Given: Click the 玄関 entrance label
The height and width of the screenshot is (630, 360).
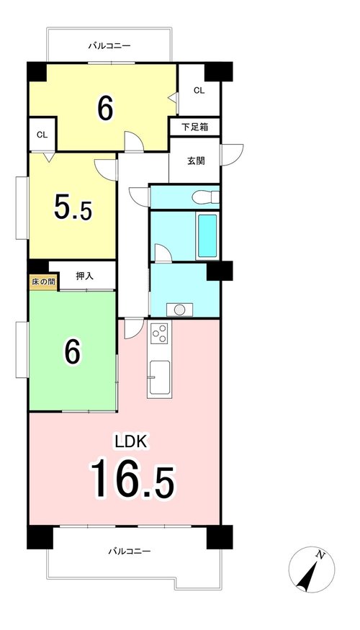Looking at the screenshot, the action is [196, 161].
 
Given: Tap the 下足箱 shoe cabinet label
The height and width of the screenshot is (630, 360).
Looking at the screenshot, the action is [195, 127].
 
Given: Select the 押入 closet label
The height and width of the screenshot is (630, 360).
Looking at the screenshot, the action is [85, 276].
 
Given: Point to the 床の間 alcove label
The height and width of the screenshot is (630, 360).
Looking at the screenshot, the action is [43, 282].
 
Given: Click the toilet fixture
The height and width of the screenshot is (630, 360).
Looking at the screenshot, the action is [205, 197].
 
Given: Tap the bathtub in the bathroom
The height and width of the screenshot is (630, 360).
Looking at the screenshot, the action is [208, 236].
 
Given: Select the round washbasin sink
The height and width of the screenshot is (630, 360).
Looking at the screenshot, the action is [179, 310].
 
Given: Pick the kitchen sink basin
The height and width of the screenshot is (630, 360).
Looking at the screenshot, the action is [160, 377].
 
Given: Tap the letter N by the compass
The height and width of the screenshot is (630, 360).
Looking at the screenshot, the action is [320, 555].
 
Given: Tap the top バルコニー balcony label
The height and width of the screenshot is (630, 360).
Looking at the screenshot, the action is [109, 46].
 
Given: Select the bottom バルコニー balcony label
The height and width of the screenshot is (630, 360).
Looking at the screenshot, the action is [130, 551].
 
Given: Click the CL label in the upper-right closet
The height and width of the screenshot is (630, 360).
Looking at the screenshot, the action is [199, 91].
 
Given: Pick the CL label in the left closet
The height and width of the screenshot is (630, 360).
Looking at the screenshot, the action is [42, 135].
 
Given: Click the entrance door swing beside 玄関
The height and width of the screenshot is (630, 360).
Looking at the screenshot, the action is [233, 155].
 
